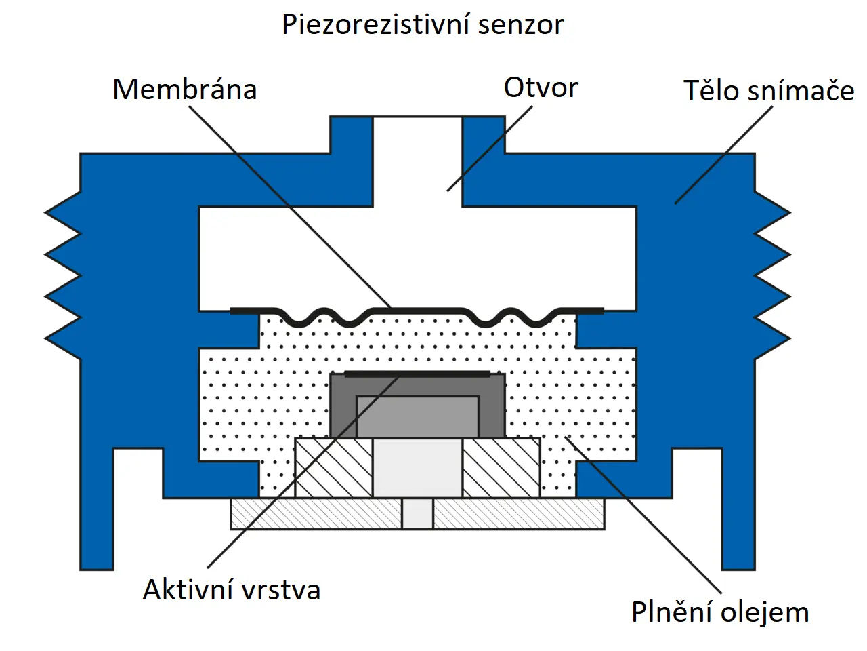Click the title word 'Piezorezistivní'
pos(375,25)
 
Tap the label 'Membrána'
pos(184,90)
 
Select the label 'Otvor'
pos(541,87)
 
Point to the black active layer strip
pos(417,374)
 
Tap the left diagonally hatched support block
pos(333,467)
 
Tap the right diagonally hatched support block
pos(501,467)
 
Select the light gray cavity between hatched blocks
pos(417,467)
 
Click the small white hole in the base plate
pos(417,513)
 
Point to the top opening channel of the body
pos(417,159)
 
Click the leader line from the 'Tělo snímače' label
pos(723,155)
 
